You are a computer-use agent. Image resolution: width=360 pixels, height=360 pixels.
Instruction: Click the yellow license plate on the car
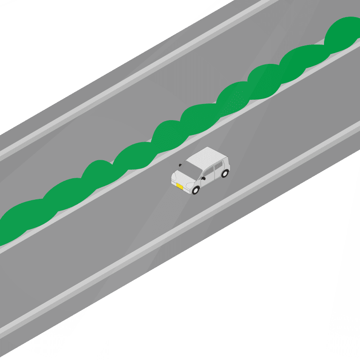[x=179, y=186]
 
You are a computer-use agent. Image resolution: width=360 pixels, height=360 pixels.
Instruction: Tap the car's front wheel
[x=195, y=190]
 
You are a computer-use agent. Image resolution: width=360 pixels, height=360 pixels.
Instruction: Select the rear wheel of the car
[x=225, y=173]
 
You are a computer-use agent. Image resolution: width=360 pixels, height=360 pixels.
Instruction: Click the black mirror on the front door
[x=203, y=178]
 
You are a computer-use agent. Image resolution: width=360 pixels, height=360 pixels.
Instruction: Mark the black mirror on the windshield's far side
[x=180, y=165]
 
